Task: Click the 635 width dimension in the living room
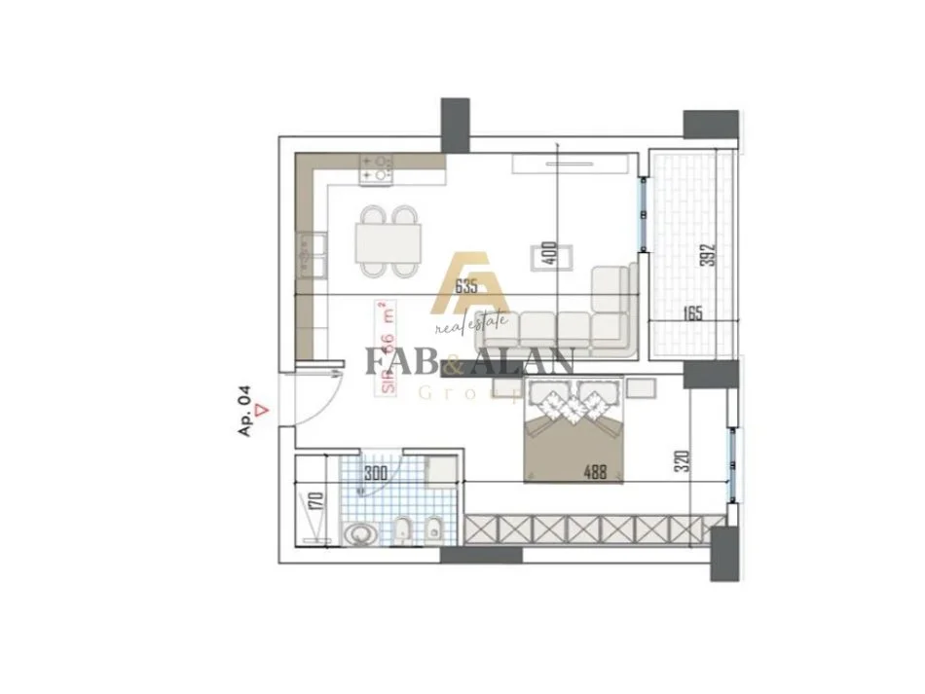click(467, 285)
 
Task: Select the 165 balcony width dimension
click(691, 314)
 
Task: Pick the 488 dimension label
click(595, 474)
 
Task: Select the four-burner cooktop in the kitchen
click(376, 170)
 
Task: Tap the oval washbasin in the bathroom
click(361, 534)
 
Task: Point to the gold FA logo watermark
click(469, 282)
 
